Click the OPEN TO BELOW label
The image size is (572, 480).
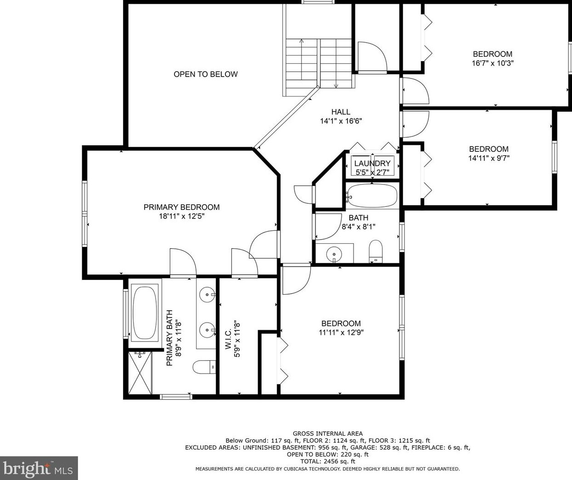point(205,74)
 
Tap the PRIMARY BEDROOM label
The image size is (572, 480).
point(181,207)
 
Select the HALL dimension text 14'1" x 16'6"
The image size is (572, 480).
point(341,122)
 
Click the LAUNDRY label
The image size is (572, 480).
point(372,163)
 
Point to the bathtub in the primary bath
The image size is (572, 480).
point(145,312)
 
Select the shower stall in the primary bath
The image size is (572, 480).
point(140,373)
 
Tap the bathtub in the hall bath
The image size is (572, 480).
point(372,196)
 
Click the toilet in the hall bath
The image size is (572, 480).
point(376,251)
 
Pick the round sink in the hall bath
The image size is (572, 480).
point(334,254)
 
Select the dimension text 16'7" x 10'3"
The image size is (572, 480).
point(493,63)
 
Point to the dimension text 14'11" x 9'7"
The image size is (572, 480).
point(488,158)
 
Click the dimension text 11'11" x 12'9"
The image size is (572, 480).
point(341,333)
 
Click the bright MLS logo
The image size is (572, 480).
point(39,468)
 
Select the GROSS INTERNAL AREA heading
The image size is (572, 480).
point(328,433)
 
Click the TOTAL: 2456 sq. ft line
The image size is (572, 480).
point(328,461)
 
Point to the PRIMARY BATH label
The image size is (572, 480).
point(169,338)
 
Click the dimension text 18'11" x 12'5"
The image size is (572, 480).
point(181,216)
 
